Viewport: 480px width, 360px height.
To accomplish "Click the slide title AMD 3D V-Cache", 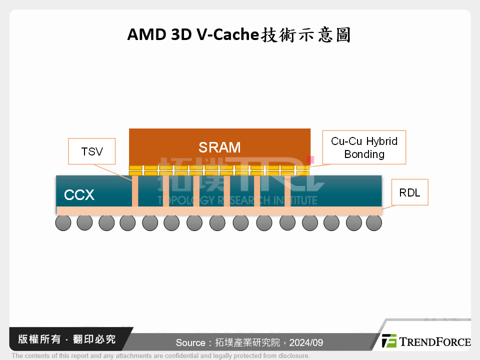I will (x=238, y=35).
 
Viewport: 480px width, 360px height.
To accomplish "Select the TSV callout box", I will (x=91, y=151).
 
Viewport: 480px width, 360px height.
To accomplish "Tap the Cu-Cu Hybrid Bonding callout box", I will (x=364, y=147).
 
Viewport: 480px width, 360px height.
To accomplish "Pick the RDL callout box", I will (x=410, y=192).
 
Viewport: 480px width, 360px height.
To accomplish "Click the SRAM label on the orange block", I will (x=219, y=147).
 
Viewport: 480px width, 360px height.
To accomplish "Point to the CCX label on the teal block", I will (x=79, y=195).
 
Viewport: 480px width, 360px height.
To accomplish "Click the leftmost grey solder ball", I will (x=63, y=223).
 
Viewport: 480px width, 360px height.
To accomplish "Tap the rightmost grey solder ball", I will (x=374, y=223).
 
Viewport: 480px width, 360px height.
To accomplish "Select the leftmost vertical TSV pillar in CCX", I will (x=135, y=191).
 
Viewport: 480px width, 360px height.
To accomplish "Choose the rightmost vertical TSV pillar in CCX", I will (x=287, y=191).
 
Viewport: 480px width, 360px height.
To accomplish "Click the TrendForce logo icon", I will (x=389, y=341).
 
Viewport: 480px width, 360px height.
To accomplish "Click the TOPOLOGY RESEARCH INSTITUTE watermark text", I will (x=237, y=200).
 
